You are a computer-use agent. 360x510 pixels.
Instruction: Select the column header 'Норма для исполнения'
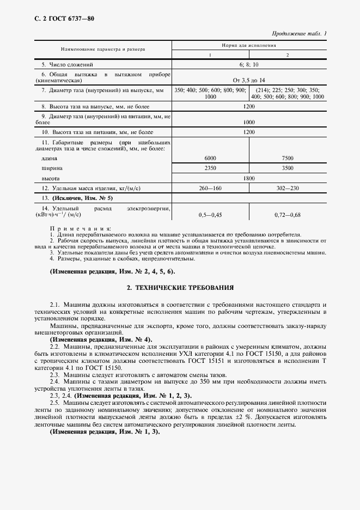click(x=249, y=46)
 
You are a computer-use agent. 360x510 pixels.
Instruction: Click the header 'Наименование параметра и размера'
click(x=103, y=50)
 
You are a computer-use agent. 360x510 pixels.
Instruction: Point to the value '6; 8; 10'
click(x=249, y=64)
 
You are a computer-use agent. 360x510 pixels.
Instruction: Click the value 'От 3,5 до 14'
click(x=249, y=80)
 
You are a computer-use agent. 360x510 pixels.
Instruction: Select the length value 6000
click(x=210, y=158)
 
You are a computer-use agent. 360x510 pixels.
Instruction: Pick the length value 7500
click(x=288, y=158)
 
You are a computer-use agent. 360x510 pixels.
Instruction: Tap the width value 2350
click(x=210, y=168)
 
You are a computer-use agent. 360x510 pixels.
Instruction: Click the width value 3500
click(x=288, y=168)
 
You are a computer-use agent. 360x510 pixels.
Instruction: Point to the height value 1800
click(x=249, y=178)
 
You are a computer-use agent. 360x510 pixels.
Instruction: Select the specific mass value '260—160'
click(x=210, y=188)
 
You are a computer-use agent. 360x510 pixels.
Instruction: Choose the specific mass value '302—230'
click(x=288, y=188)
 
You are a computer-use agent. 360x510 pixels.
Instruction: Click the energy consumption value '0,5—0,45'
click(x=210, y=215)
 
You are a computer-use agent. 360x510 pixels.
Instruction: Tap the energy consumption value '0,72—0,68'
click(x=288, y=215)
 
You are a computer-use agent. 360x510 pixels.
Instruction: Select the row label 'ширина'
click(x=52, y=168)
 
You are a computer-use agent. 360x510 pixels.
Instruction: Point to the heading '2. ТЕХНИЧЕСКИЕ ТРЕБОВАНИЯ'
click(x=180, y=287)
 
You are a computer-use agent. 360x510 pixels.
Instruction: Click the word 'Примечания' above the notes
click(x=80, y=229)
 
